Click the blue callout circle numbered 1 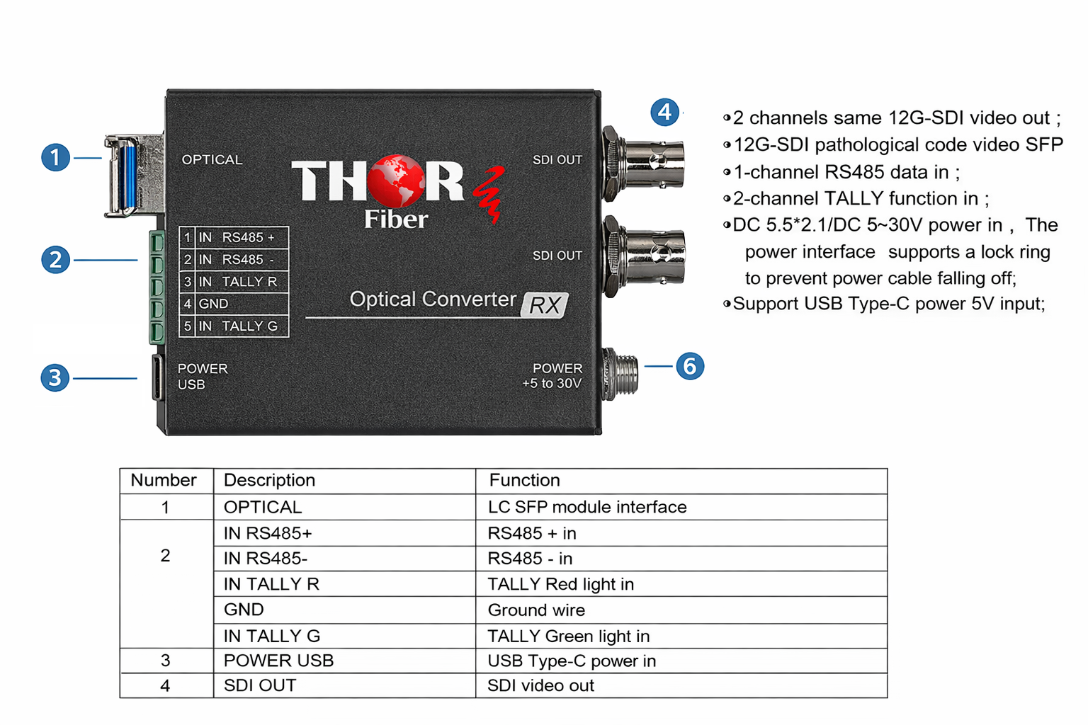point(55,157)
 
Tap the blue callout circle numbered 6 point(690,366)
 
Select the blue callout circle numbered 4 point(664,112)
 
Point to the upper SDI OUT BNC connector point(644,164)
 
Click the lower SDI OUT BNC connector point(644,256)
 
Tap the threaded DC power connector point(620,374)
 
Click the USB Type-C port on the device point(157,378)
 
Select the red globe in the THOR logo point(396,181)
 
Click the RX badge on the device point(545,305)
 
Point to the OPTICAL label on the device point(212,160)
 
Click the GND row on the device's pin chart point(234,304)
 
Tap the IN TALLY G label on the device point(238,326)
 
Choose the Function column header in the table point(525,480)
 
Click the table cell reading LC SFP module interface point(587,507)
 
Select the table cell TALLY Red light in point(560,584)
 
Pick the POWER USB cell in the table point(278,661)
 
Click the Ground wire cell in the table point(536,610)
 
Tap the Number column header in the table point(164,480)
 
